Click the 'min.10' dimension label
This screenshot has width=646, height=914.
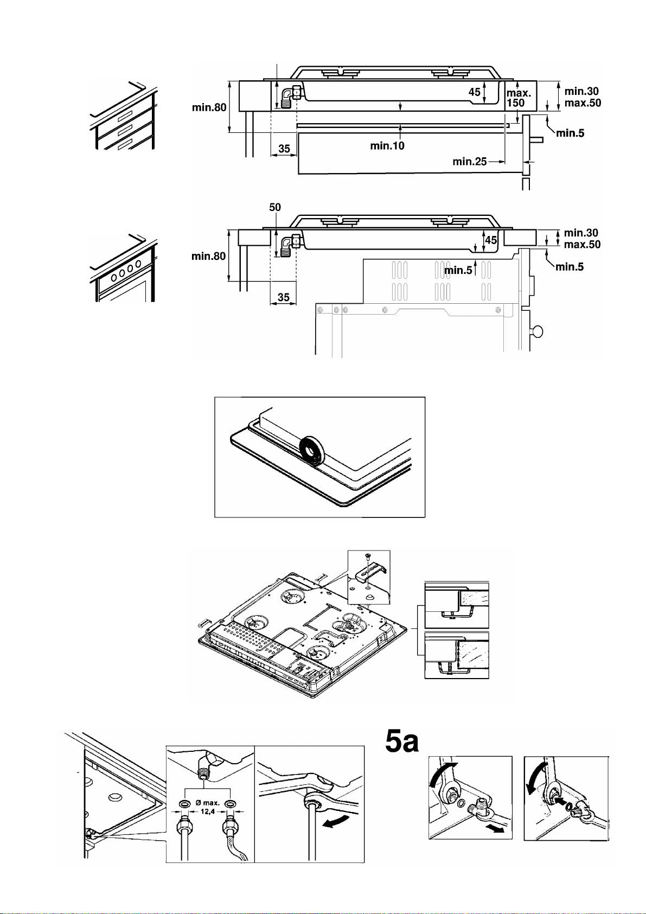(387, 146)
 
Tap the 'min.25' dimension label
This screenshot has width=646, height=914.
(469, 162)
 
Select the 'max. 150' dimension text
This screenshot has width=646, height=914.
(519, 98)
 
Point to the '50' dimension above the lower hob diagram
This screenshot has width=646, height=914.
(275, 207)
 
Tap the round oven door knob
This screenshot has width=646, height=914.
(538, 331)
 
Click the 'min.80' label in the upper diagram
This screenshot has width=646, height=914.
(209, 107)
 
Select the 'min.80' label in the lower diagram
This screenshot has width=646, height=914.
(208, 256)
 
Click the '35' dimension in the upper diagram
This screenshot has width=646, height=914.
(284, 149)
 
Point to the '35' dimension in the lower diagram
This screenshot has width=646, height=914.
(283, 297)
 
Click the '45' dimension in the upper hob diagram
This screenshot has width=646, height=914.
(474, 92)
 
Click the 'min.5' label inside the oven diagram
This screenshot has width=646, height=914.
(458, 270)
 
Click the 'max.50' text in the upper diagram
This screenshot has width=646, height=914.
(583, 103)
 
